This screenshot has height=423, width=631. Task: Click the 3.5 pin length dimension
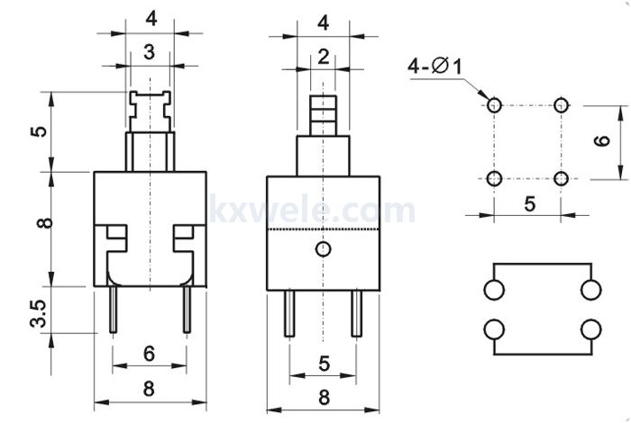39,313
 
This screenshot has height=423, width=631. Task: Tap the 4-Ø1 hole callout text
434,66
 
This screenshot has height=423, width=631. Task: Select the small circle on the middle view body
323,249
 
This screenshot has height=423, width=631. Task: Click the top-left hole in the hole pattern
494,105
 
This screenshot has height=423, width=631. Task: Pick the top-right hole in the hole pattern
561,105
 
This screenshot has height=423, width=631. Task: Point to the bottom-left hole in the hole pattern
494,178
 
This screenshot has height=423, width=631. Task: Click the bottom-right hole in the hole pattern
561,178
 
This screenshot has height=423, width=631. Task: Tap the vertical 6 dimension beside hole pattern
602,140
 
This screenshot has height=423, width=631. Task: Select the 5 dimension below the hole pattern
530,204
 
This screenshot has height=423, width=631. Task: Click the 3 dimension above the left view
149,52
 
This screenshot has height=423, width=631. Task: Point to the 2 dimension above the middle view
324,57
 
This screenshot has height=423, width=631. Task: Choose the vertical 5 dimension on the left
39,131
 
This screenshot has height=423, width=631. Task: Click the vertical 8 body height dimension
44,223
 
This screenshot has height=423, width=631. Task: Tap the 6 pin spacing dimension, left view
149,354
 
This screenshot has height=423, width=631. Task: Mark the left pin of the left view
113,310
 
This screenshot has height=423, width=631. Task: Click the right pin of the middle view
357,313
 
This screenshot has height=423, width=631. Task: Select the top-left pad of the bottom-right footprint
494,290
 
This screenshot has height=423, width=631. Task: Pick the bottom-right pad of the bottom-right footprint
591,329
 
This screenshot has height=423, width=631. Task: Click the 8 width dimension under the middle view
324,397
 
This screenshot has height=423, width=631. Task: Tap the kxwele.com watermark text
312,209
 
